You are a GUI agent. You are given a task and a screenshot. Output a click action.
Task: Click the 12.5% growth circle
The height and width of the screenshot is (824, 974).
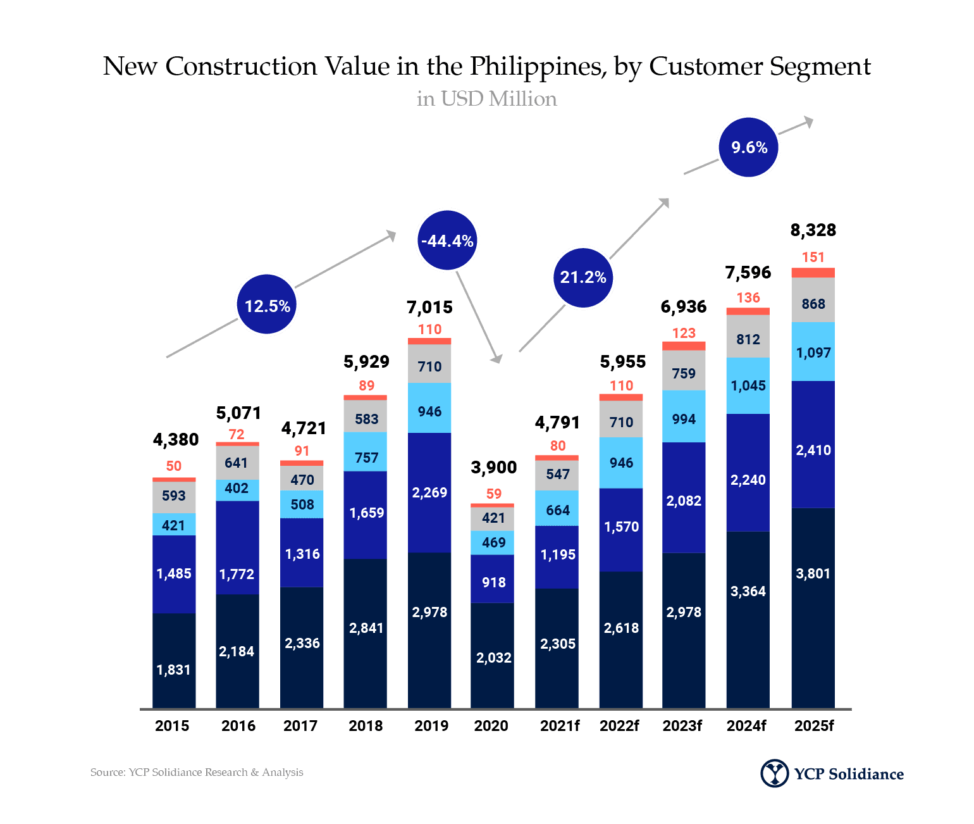267,304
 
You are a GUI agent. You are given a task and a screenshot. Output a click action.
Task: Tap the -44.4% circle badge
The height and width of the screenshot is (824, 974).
447,240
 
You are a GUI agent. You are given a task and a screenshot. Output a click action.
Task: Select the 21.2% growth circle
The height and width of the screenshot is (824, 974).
583,278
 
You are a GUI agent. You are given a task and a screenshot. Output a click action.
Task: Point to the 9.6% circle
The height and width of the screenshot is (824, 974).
748,147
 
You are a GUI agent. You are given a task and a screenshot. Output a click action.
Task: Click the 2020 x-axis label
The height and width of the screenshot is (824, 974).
491,725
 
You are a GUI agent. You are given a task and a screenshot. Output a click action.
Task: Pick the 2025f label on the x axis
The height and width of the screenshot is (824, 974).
814,725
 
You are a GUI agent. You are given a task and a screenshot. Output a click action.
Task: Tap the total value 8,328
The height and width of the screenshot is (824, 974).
813,230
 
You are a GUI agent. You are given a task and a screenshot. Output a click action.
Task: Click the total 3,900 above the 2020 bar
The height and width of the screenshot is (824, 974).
494,467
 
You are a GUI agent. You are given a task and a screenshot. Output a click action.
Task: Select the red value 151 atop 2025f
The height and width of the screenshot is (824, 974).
813,257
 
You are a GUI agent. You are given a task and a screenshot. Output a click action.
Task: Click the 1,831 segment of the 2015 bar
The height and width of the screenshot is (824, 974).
174,661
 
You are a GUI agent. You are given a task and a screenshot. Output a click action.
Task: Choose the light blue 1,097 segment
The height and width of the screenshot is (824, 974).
813,352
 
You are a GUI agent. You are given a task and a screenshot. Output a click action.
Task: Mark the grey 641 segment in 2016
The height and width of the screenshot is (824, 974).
238,463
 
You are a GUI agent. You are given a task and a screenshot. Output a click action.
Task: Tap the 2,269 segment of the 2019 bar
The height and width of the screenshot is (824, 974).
429,492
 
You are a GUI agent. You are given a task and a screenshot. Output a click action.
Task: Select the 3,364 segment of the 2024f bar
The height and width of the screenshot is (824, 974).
748,620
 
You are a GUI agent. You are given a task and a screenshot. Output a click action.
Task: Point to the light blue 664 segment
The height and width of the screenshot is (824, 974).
557,508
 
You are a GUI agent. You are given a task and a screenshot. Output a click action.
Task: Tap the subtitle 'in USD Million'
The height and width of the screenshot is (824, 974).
487,99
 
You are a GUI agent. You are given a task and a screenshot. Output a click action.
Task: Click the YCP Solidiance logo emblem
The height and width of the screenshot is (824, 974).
774,773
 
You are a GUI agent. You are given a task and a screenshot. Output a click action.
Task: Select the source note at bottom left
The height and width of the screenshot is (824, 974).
197,772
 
